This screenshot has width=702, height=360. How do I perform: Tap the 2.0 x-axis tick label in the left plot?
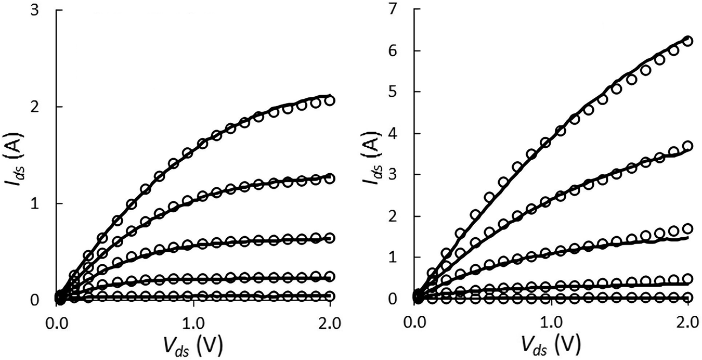point(329,321)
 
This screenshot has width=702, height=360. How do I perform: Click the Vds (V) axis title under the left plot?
point(193,345)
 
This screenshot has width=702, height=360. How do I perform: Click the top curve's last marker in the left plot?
point(329,100)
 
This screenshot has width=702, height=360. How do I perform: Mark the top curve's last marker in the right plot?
point(687,42)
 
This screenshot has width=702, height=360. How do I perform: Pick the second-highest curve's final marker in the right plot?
point(687,146)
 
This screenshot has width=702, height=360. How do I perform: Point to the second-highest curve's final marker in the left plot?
point(329,178)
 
